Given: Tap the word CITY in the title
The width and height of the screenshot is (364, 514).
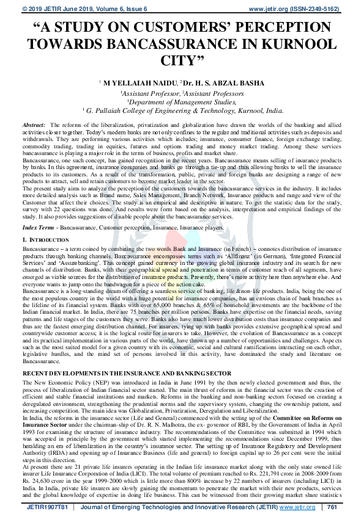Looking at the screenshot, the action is [182, 60].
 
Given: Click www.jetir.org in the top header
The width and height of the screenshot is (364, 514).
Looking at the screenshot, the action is [270, 9].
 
